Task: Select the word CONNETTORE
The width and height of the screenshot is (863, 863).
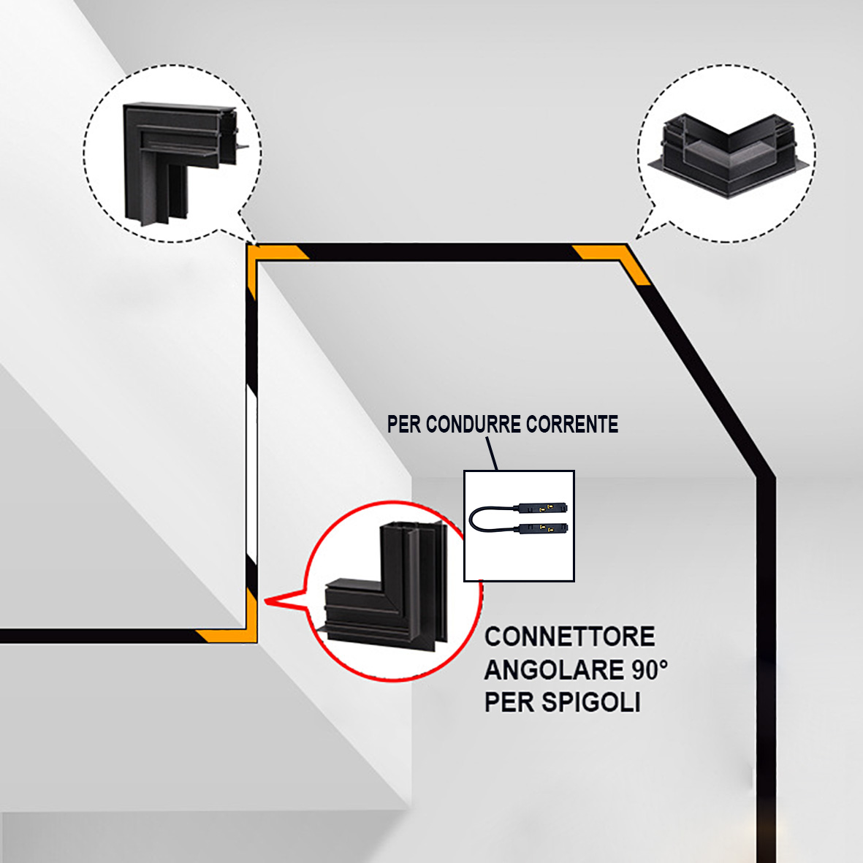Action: (569, 636)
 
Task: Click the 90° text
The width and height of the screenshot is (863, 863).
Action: (650, 669)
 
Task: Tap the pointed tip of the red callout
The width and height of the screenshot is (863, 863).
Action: (266, 601)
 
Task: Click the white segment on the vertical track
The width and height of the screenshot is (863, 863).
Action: (251, 475)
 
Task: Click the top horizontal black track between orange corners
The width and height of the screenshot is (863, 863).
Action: (438, 252)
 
